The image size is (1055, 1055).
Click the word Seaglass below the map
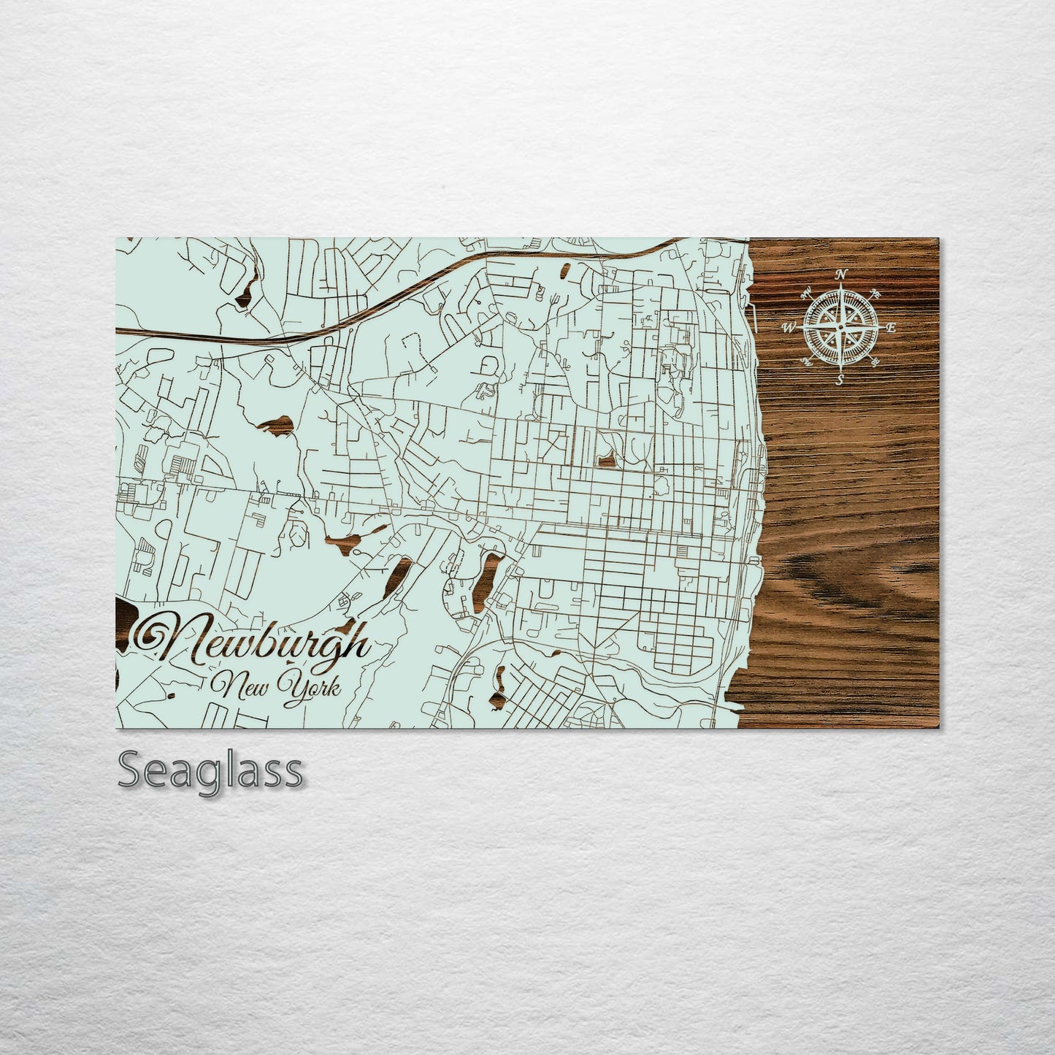coord(210,771)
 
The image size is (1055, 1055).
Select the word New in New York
coord(236,686)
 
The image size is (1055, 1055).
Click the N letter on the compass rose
coord(841,275)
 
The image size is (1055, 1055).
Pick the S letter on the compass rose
coord(840,379)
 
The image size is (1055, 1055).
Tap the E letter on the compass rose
coord(891,328)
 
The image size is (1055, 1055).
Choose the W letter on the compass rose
coord(789,328)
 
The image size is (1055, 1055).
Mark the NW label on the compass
coord(807,292)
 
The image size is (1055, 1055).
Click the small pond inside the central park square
coord(606,460)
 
